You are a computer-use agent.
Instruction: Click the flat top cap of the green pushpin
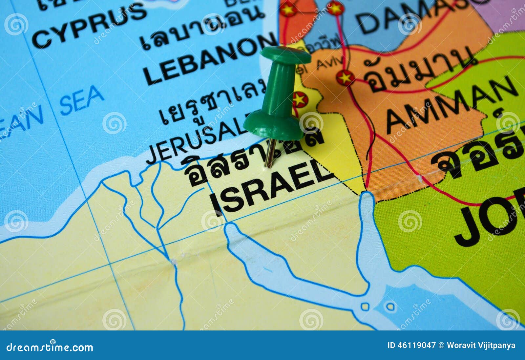(285, 54)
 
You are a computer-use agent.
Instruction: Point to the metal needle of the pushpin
(270, 153)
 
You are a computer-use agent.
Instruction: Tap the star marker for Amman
(345, 78)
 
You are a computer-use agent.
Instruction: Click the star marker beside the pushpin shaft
(300, 99)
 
